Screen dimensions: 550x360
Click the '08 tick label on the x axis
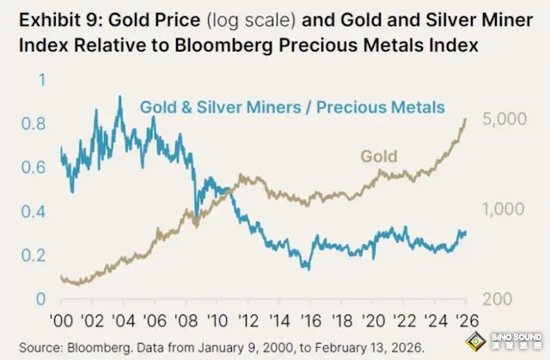[186, 320]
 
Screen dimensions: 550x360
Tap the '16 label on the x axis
[310, 320]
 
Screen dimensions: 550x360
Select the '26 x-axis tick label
[467, 320]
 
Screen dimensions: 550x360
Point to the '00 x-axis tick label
[61, 320]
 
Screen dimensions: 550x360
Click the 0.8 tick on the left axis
[34, 124]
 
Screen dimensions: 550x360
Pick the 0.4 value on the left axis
[34, 211]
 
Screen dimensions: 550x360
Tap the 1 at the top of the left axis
[42, 80]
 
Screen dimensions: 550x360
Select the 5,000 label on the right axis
[504, 119]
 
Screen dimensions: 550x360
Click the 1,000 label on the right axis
[504, 209]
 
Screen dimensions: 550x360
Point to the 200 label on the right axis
[498, 299]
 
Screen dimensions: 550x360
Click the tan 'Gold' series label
[379, 156]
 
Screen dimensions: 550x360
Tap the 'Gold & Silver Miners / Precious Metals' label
[292, 107]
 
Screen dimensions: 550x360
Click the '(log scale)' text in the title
[251, 20]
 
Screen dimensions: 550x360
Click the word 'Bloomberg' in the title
[223, 46]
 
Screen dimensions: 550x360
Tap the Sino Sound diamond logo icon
[475, 341]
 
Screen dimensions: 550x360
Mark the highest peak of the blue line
[120, 95]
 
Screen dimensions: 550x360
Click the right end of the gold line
[466, 119]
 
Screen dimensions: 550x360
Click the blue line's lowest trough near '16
[309, 269]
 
